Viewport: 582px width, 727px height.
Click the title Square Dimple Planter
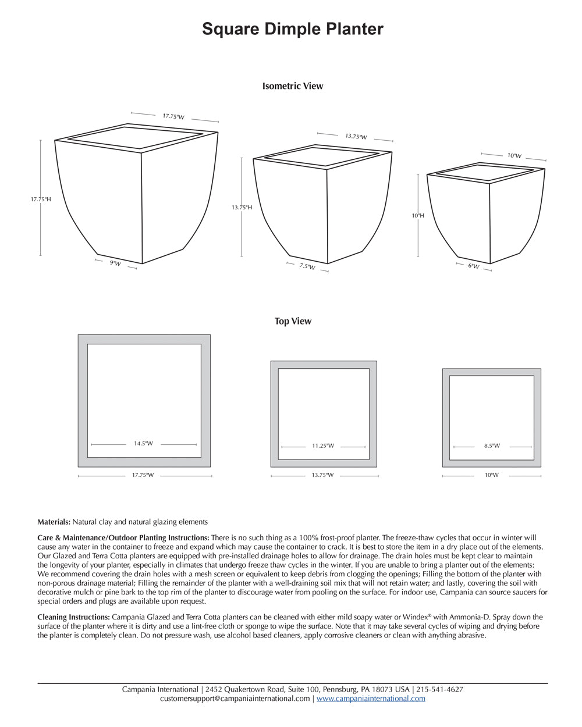click(x=293, y=29)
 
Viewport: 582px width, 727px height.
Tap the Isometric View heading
click(x=293, y=86)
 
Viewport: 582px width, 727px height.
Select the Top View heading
click(x=293, y=321)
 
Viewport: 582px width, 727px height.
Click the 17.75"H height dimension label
click(x=41, y=199)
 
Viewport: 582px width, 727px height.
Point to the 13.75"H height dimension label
click(x=242, y=207)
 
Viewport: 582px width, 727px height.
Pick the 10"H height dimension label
click(x=418, y=215)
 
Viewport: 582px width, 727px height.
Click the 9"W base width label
click(x=115, y=264)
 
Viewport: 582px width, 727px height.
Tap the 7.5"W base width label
click(x=307, y=266)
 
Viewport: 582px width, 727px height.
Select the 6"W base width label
click(x=474, y=266)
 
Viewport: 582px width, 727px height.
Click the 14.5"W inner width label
click(x=143, y=444)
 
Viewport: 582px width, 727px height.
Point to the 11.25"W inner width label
click(x=323, y=446)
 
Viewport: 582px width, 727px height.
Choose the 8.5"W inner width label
click(x=492, y=446)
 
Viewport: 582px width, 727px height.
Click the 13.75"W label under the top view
click(x=322, y=475)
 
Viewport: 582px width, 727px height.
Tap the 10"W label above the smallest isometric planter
click(x=514, y=156)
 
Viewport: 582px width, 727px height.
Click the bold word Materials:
click(x=54, y=522)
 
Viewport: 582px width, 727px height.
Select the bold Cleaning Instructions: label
click(x=74, y=616)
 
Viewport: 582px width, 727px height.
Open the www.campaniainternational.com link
click(x=371, y=699)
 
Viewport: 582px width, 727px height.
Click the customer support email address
click(x=235, y=699)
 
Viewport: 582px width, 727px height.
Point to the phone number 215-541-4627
click(x=439, y=689)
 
